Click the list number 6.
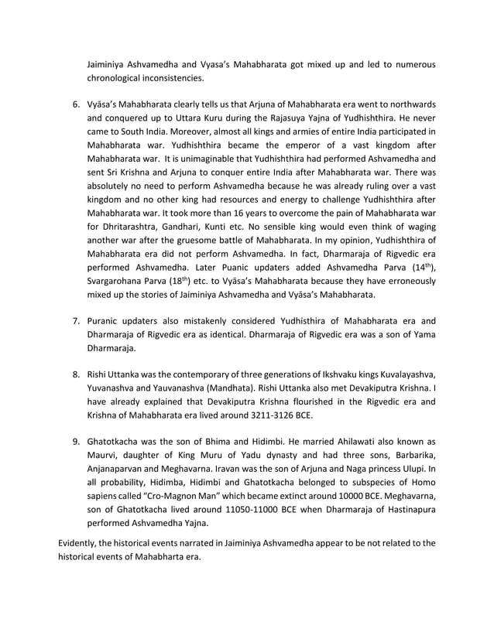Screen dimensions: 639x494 tap(76, 104)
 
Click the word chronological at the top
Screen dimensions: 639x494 tap(119, 77)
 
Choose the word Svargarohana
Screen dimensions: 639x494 tap(122, 280)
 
